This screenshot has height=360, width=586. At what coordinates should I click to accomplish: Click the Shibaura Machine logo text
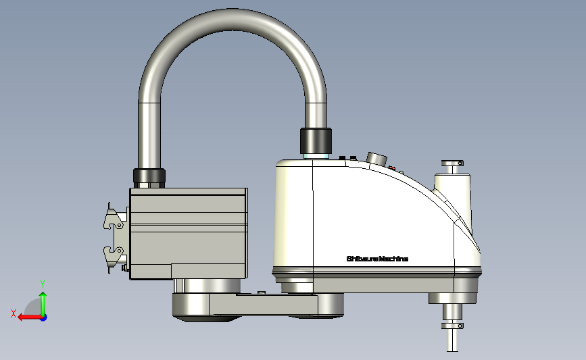pos(377,259)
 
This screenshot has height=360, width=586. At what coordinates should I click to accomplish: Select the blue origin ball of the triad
pos(43,317)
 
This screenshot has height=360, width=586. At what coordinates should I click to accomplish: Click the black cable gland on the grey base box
pos(149,178)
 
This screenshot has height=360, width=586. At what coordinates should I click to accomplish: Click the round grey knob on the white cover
pos(376,159)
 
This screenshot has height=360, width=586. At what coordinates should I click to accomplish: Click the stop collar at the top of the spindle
pos(452,163)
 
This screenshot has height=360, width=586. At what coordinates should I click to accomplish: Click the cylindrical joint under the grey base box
pos(207,286)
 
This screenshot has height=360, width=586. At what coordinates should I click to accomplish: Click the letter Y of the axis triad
pos(42,284)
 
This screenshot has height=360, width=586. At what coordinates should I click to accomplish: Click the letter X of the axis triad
pos(14,313)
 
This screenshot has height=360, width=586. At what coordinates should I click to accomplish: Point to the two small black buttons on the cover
pos(347,158)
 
